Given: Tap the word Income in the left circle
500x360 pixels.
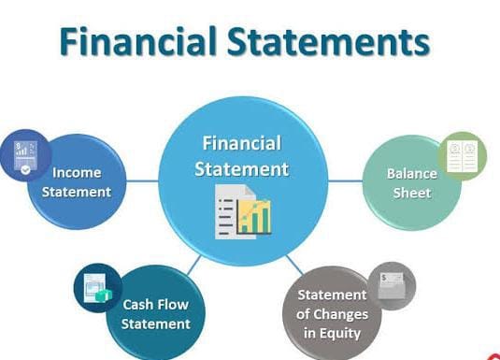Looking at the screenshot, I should point(77,173).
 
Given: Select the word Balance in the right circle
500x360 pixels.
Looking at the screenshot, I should point(412,174).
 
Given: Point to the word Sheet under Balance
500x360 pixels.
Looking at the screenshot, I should point(412,193).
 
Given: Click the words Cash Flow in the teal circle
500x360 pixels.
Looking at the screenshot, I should point(156,304).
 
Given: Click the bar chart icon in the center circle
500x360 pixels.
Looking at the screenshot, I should point(254,214).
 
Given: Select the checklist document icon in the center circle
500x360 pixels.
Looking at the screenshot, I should point(229,209).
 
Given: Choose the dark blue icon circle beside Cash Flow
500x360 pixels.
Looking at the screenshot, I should point(97,288).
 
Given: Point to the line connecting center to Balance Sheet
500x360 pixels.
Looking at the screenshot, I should point(347,180).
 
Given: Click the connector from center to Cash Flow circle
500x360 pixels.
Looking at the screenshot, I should point(194,266).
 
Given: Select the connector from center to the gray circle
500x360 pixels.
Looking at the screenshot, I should point(293,265).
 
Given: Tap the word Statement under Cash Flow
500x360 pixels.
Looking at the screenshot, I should point(156,324).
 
